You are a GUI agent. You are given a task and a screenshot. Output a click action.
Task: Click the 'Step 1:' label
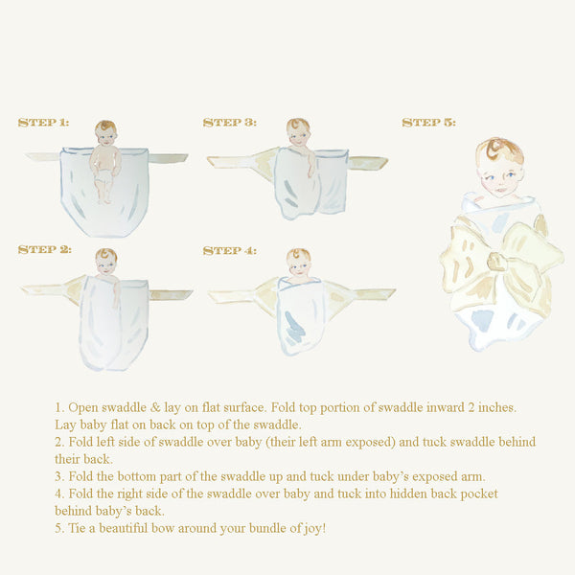tap(43, 123)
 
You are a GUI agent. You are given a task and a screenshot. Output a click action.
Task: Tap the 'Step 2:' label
tap(44, 250)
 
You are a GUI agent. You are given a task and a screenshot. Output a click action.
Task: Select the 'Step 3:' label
tap(229, 123)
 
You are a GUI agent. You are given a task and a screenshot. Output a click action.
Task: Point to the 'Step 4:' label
tap(229, 251)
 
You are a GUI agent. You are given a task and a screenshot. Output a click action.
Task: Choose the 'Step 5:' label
tap(428, 123)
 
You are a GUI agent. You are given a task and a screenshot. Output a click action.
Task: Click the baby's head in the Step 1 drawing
tap(105, 133)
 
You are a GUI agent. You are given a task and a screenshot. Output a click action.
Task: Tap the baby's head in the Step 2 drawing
tap(105, 260)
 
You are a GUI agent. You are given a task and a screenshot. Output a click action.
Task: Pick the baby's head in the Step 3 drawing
tap(298, 131)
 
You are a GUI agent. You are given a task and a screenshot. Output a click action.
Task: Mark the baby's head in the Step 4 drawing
tap(298, 260)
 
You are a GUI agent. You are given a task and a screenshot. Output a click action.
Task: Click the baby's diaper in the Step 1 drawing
tap(103, 178)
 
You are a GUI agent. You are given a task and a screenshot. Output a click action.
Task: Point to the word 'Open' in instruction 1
tap(87, 407)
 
